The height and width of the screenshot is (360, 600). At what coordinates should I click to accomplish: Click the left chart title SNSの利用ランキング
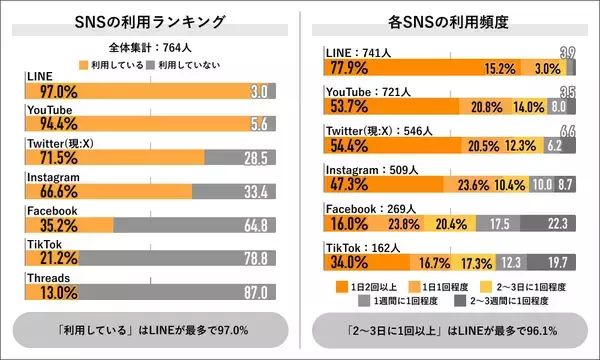pos(150,22)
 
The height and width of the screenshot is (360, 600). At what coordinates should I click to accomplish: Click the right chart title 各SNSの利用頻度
pos(450,22)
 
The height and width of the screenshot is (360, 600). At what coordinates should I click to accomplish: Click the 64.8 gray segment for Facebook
pos(256,224)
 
